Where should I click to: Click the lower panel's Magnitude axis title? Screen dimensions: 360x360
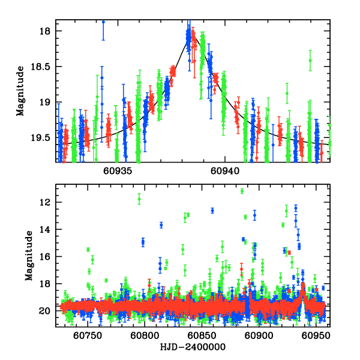[29, 256]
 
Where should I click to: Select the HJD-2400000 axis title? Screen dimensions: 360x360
[193, 347]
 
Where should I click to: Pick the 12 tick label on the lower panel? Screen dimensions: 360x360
[49, 202]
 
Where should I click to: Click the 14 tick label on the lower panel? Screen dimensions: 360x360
[49, 229]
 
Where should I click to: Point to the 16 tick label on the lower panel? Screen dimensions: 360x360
[49, 256]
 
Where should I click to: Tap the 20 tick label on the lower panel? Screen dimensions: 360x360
[49, 311]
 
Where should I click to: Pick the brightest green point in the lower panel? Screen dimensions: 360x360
[242, 191]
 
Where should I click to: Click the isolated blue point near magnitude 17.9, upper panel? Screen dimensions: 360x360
[103, 22]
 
